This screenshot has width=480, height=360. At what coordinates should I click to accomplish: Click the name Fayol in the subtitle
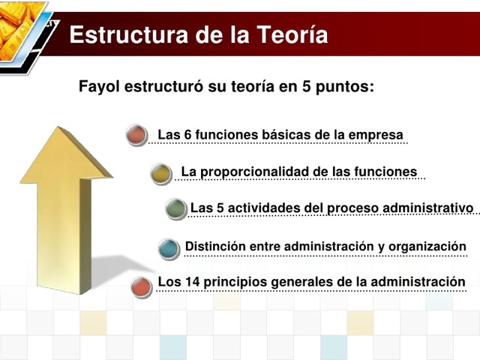tap(100, 86)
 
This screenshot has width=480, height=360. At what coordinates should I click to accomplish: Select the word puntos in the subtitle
tap(344, 86)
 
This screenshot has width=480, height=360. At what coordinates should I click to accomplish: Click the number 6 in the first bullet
tap(187, 135)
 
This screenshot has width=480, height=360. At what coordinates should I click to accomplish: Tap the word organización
tap(430, 246)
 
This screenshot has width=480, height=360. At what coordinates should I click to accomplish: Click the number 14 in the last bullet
tap(189, 282)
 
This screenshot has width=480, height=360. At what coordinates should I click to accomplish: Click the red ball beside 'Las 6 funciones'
tap(136, 136)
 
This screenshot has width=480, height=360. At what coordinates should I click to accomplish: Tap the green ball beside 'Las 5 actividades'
tap(175, 208)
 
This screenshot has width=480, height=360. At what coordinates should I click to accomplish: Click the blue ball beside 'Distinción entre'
tap(169, 248)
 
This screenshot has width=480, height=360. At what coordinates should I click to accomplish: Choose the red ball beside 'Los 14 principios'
tap(140, 286)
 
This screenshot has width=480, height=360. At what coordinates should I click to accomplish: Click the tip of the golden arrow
tap(65, 129)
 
